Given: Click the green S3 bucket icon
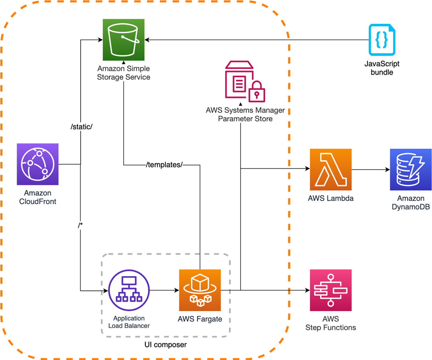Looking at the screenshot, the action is pyautogui.click(x=124, y=40).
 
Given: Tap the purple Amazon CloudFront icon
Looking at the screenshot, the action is pyautogui.click(x=37, y=164).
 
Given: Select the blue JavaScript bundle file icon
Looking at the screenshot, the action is pyautogui.click(x=382, y=40).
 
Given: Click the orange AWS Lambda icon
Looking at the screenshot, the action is pyautogui.click(x=331, y=170).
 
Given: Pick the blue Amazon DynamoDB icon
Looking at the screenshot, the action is pyautogui.click(x=411, y=170).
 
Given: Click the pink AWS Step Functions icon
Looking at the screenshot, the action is pyautogui.click(x=331, y=290).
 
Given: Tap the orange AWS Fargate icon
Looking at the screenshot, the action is pyautogui.click(x=200, y=290).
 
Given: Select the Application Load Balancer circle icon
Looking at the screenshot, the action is pyautogui.click(x=129, y=290).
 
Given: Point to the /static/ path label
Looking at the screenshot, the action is pyautogui.click(x=81, y=127).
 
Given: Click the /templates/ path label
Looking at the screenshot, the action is pyautogui.click(x=164, y=165).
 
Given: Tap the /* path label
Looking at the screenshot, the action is pyautogui.click(x=80, y=225).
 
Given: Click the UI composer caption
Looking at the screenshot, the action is pyautogui.click(x=166, y=345).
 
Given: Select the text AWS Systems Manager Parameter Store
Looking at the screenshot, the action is pyautogui.click(x=245, y=115).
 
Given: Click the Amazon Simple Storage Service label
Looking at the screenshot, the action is pyautogui.click(x=124, y=73).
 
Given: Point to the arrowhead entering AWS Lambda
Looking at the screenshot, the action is pyautogui.click(x=308, y=169).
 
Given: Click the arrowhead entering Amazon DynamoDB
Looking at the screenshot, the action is pyautogui.click(x=388, y=170).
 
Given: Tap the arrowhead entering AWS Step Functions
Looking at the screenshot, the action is pyautogui.click(x=308, y=290).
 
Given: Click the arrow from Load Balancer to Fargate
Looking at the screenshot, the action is pyautogui.click(x=165, y=290).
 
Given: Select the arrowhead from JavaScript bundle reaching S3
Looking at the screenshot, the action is pyautogui.click(x=147, y=40).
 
